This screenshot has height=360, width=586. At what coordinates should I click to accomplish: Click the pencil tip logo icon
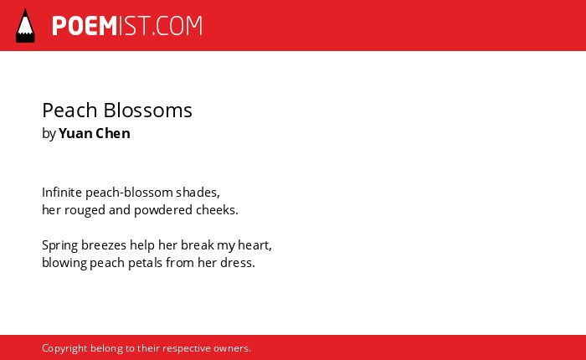click(25, 26)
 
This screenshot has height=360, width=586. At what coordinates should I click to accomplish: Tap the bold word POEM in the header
click(85, 26)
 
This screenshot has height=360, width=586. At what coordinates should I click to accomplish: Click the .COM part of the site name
click(177, 26)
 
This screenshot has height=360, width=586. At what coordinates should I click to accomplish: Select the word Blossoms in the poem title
click(147, 111)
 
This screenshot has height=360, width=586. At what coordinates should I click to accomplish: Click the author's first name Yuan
click(75, 133)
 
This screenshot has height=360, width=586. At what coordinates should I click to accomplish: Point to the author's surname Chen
click(113, 133)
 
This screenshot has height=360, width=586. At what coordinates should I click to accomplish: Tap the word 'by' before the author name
click(49, 134)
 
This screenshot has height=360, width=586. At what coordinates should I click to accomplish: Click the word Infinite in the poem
click(62, 193)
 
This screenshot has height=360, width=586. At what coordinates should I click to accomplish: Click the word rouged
click(85, 210)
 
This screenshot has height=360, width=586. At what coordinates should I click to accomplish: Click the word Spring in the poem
click(59, 245)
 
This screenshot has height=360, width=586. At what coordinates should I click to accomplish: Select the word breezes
click(104, 245)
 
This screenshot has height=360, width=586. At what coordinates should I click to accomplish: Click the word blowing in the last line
click(64, 263)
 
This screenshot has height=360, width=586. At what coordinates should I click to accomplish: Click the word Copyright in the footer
click(64, 349)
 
